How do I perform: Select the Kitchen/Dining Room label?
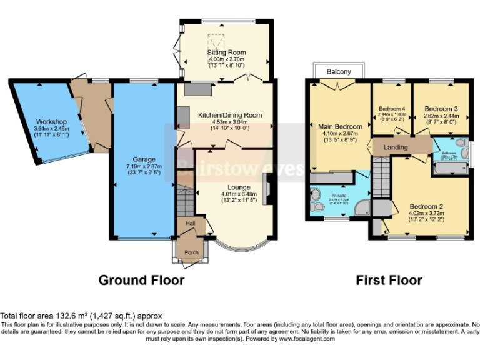[x=229, y=115]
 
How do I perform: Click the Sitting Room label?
[x=226, y=52]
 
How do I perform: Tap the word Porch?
[x=191, y=252]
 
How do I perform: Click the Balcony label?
[x=339, y=72]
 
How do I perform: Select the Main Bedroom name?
[x=340, y=127]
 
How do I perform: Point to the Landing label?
[x=396, y=147]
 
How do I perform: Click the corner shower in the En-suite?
[x=361, y=208]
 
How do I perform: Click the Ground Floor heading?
[x=141, y=281]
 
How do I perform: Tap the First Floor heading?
[x=389, y=281]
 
